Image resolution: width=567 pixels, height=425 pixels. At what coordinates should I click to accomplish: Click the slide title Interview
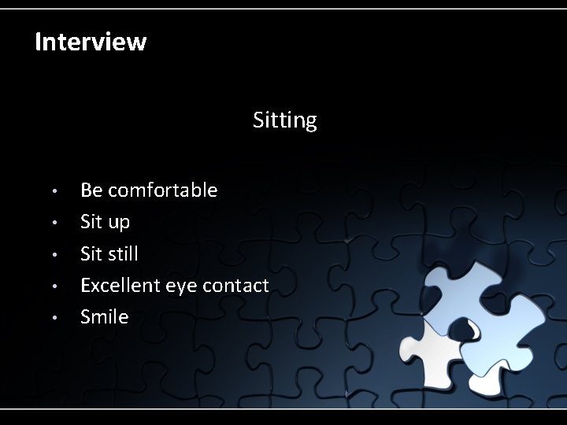pos(91,42)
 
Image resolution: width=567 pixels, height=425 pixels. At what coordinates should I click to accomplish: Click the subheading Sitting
pos(284,120)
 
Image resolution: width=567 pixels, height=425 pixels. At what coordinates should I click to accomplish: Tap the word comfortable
pos(162,190)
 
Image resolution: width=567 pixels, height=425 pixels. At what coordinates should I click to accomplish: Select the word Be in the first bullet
pos(91,190)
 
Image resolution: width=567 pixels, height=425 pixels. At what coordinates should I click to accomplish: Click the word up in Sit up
pos(119,223)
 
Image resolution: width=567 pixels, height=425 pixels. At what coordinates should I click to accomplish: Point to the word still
pos(122,253)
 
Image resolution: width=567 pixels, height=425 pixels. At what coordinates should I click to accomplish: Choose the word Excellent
pos(120,285)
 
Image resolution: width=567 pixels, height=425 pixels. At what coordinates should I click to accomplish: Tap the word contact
pos(235,285)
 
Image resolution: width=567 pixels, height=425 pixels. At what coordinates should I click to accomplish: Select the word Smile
pos(104,316)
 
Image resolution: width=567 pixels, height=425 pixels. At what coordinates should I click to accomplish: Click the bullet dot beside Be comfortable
pos(54,191)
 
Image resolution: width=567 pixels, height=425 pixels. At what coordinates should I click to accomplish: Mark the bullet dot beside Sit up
pos(54,223)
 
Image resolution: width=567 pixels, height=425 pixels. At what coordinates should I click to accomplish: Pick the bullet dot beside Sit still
pos(54,254)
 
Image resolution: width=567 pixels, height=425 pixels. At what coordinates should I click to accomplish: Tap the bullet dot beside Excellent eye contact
pos(54,286)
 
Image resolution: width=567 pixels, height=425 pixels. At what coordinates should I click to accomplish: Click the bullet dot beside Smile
pos(54,317)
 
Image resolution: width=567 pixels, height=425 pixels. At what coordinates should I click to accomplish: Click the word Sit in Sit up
pos(91,222)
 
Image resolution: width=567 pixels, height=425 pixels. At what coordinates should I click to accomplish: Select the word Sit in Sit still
pos(91,253)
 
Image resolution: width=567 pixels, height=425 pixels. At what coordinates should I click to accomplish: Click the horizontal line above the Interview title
pos(283,9)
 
